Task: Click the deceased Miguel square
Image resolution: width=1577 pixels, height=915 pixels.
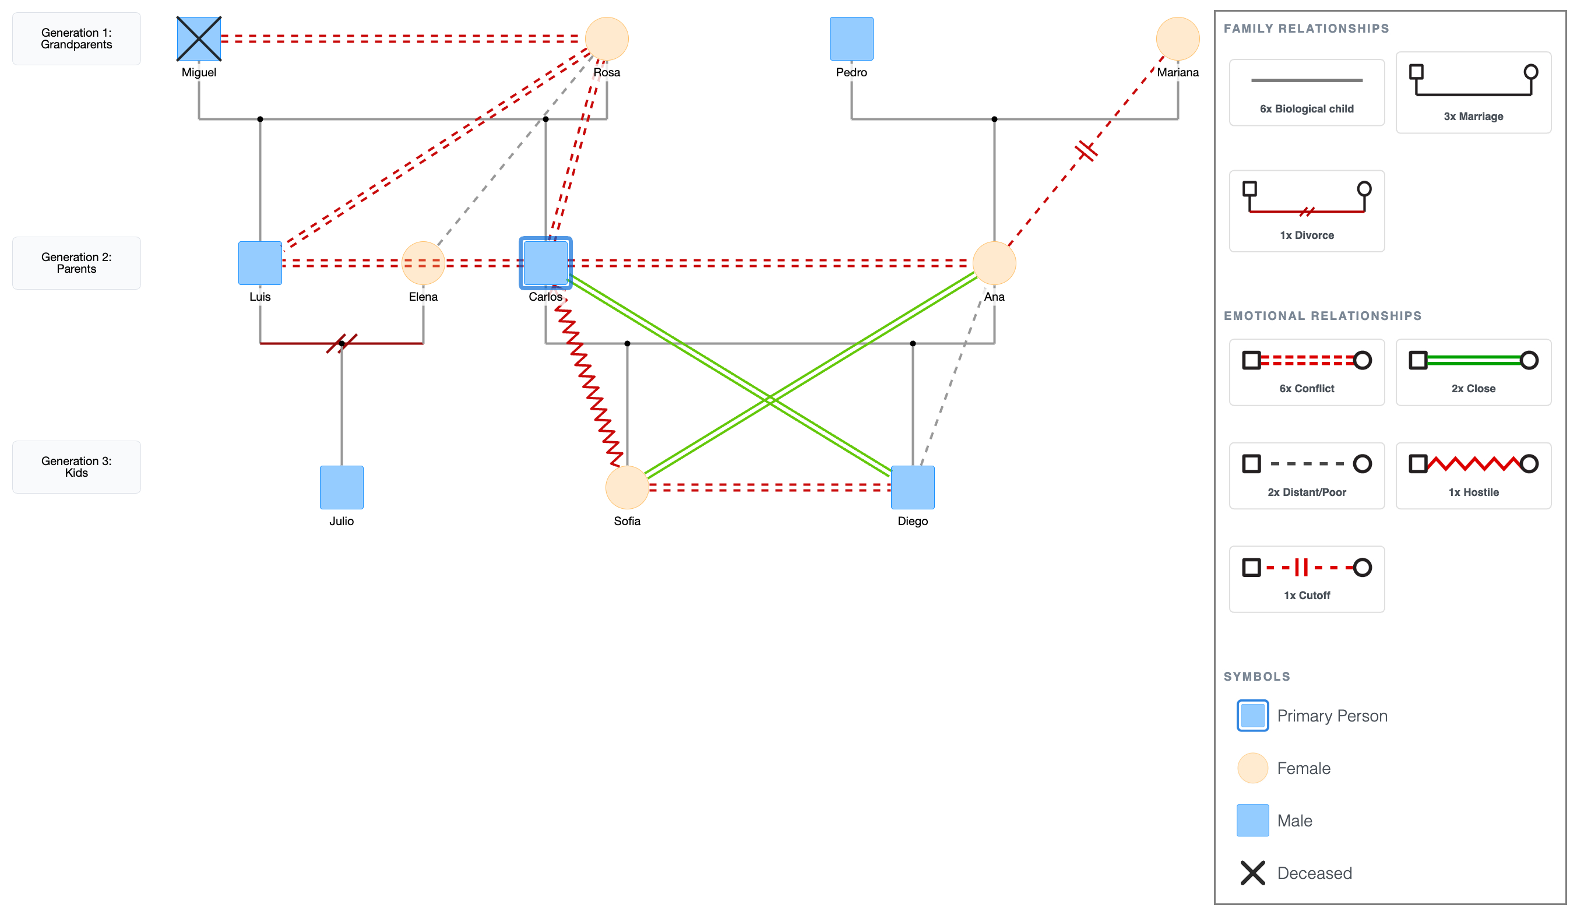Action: click(x=199, y=39)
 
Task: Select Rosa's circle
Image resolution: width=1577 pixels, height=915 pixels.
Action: click(x=607, y=39)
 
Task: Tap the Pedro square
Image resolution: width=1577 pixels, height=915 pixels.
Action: click(x=851, y=39)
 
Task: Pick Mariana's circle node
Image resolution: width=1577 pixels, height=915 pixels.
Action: click(x=1177, y=39)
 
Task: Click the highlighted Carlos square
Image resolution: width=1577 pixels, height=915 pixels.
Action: click(x=545, y=263)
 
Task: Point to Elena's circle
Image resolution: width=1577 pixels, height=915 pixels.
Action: click(x=423, y=263)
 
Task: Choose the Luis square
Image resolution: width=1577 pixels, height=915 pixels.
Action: click(x=260, y=263)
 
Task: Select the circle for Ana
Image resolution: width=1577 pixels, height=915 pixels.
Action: click(x=994, y=263)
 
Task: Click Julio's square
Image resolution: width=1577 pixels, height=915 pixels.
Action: click(x=342, y=487)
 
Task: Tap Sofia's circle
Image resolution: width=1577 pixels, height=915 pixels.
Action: click(x=626, y=487)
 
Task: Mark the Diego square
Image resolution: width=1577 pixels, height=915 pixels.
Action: click(x=913, y=487)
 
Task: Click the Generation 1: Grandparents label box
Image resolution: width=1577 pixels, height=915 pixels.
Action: click(x=76, y=39)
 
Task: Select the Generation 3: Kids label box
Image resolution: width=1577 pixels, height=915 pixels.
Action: click(x=76, y=467)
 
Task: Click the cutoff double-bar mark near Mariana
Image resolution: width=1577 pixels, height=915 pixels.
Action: click(x=1086, y=151)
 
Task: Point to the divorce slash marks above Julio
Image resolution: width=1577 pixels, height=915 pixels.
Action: click(x=342, y=343)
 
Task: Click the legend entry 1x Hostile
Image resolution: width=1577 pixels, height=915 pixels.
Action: click(x=1473, y=476)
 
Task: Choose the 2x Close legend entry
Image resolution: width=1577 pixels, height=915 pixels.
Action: click(x=1473, y=372)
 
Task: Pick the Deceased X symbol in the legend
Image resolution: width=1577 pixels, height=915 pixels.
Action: click(x=1252, y=872)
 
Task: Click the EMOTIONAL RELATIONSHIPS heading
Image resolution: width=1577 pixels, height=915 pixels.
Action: click(x=1322, y=316)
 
